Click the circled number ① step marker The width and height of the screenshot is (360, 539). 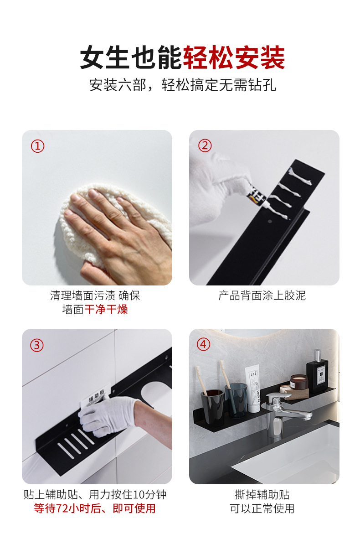[x=37, y=146]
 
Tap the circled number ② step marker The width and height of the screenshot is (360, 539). [x=205, y=146]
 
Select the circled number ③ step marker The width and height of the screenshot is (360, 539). [x=37, y=345]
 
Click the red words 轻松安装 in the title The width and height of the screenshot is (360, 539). [x=234, y=58]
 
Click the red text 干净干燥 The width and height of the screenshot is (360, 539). [x=106, y=310]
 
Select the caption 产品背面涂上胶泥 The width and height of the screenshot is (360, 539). [x=262, y=295]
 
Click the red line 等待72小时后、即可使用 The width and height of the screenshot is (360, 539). [x=95, y=508]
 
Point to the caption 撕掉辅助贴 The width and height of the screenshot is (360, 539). [x=262, y=495]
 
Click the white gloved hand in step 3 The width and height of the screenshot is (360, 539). [x=105, y=415]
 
